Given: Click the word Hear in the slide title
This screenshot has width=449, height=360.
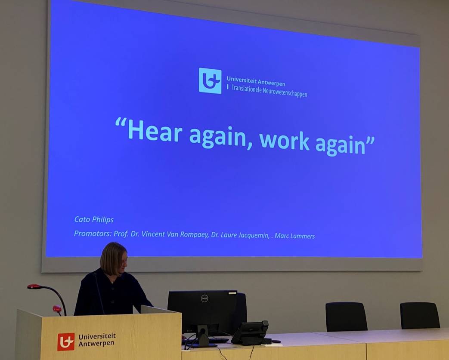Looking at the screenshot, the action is (x=155, y=130).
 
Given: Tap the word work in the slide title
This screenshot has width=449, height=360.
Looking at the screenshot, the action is (x=284, y=141).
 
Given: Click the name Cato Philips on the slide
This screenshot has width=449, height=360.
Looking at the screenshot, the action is (x=94, y=219).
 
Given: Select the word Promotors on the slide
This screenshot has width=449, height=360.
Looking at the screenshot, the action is (x=93, y=234).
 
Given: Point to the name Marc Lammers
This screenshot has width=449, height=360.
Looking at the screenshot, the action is (x=294, y=236).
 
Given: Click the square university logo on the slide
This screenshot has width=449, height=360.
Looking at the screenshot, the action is (x=210, y=81).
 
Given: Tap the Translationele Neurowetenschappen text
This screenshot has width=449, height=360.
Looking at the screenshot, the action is (x=269, y=91).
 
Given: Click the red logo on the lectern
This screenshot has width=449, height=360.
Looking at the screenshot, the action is (x=66, y=342).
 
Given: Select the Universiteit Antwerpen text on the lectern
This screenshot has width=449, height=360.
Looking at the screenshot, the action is (x=97, y=340).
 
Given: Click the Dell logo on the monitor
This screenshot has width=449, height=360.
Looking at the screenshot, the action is (x=204, y=299).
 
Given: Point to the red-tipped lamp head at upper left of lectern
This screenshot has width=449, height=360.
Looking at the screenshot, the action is (x=34, y=286).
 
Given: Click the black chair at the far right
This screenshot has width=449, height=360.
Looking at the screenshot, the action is (x=420, y=315).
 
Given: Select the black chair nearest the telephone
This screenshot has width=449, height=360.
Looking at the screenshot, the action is (x=346, y=317).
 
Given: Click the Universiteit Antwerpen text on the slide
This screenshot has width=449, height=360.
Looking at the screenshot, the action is (x=256, y=81).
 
